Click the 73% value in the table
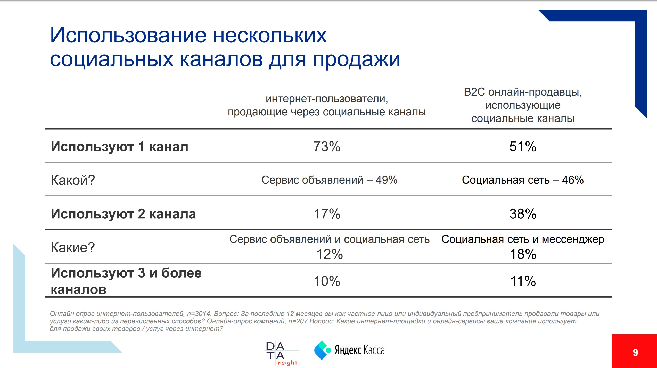327,147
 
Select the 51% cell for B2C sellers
523,147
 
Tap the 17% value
327,214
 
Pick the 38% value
523,214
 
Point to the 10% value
327,281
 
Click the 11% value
523,281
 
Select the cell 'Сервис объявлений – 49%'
329,180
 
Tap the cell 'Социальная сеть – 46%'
523,180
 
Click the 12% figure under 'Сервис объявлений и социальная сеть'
330,254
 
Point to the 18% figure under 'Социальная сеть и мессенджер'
523,254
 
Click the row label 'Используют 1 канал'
119,147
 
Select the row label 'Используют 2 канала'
123,214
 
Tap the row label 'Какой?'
73,180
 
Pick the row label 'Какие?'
73,247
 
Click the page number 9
635,353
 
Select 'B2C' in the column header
474,92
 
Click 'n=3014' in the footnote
199,314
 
